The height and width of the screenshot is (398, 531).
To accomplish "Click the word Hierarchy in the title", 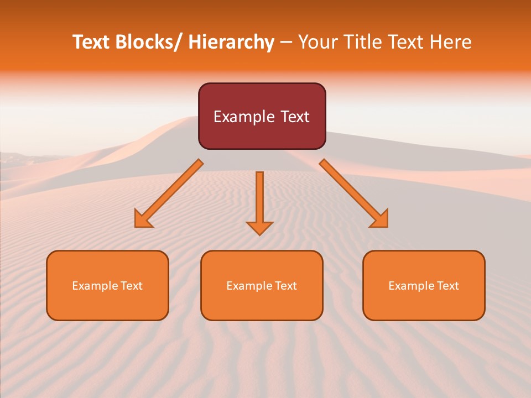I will pyautogui.click(x=231, y=42).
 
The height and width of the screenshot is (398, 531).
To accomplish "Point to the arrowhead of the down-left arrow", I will pyautogui.click(x=143, y=219).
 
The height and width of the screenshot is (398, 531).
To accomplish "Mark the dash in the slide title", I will pyautogui.click(x=286, y=43).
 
